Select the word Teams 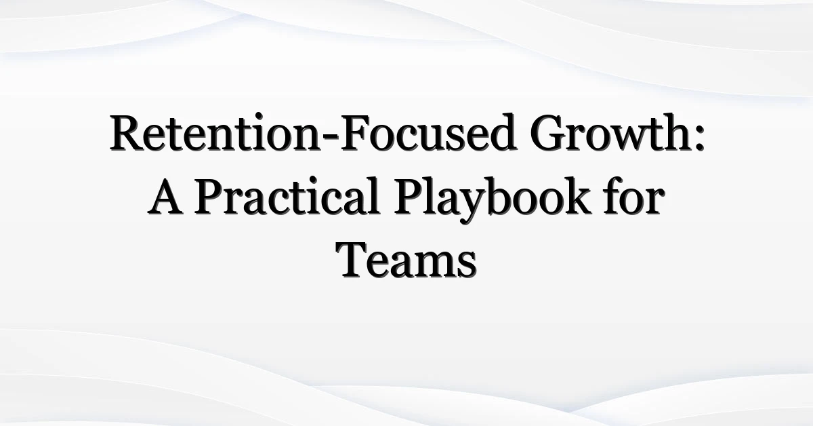click(x=407, y=261)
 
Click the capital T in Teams click(x=354, y=261)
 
